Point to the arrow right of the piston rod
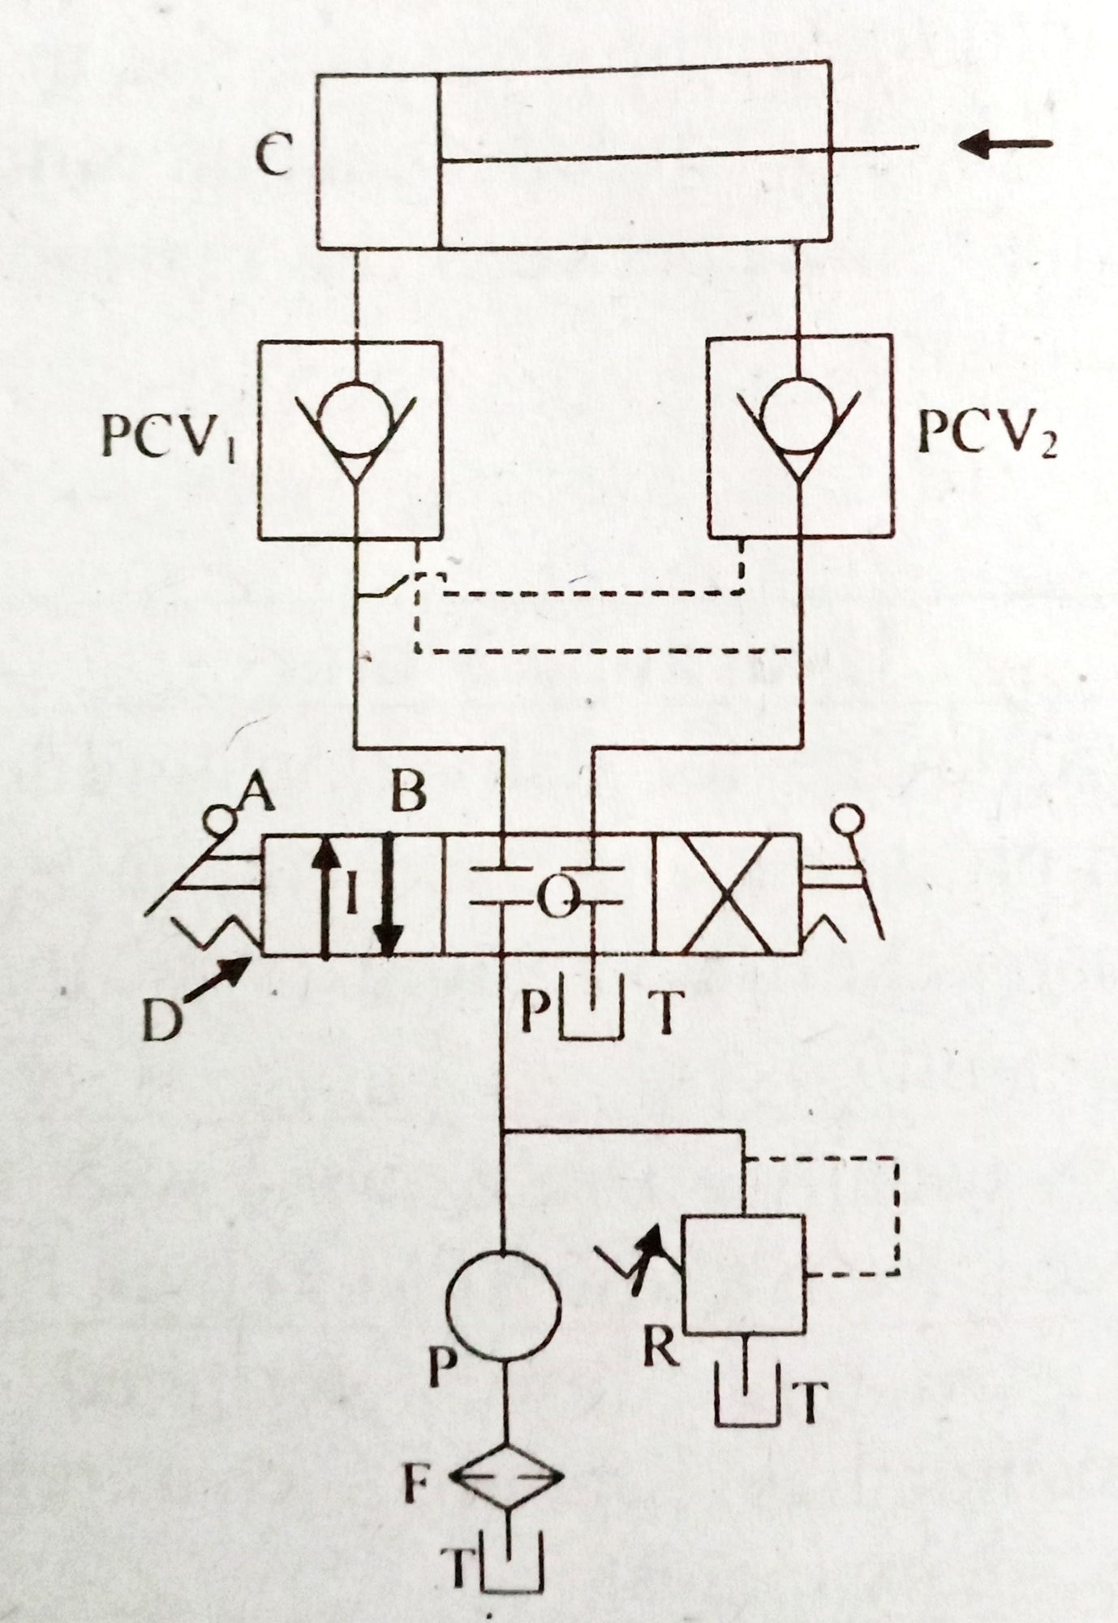click(x=1004, y=145)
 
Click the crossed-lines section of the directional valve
click(x=726, y=895)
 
